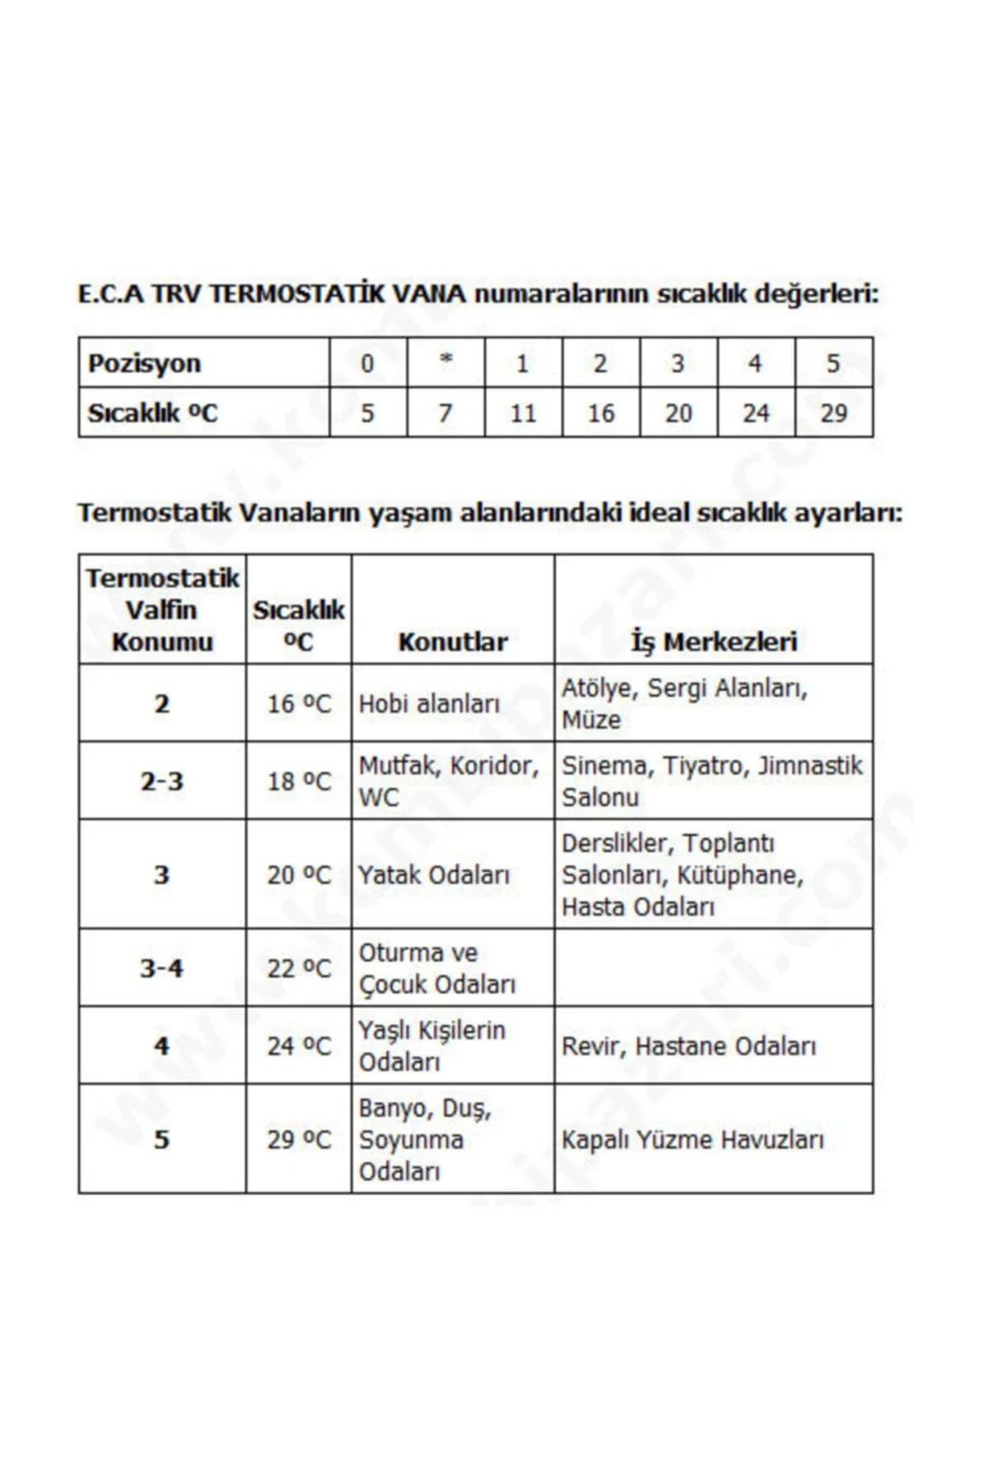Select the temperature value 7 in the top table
click(445, 412)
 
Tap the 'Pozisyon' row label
click(144, 363)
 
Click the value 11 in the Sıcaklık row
click(523, 412)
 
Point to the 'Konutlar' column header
click(453, 641)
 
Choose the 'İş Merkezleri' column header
click(714, 641)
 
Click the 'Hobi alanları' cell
click(430, 704)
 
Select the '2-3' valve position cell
click(161, 781)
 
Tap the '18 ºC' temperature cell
click(298, 781)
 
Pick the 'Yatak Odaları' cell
click(435, 874)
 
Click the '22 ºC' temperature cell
click(298, 968)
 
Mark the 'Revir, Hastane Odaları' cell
click(689, 1046)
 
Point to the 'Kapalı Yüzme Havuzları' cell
click(692, 1139)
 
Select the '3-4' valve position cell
click(161, 968)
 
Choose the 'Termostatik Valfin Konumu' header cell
click(162, 610)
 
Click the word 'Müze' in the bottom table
click(591, 720)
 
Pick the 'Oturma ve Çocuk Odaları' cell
click(437, 968)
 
